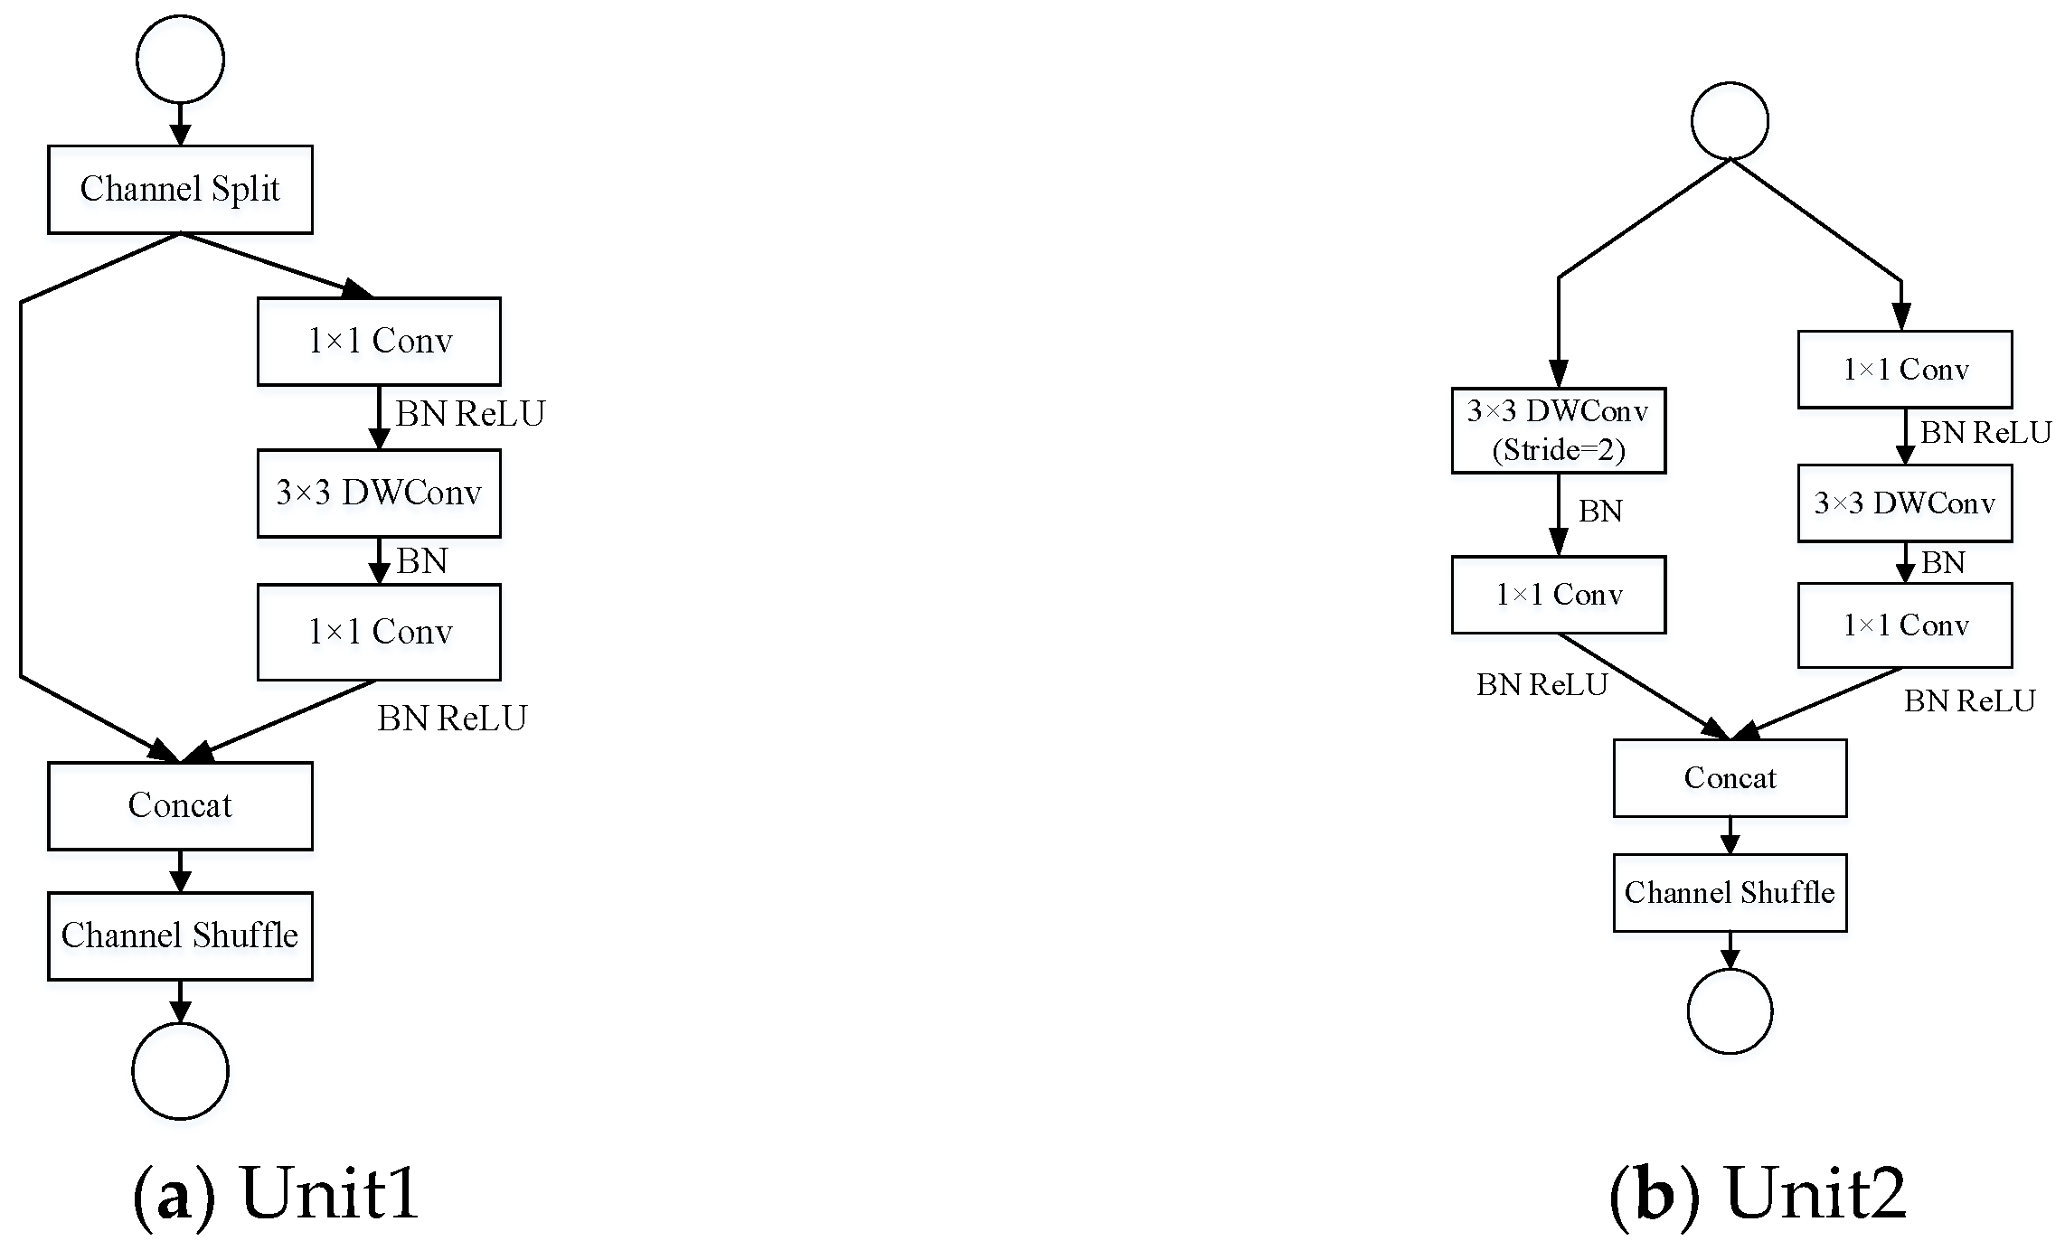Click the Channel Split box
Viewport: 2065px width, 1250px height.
[x=180, y=189]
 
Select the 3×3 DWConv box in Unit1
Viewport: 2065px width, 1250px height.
[x=379, y=493]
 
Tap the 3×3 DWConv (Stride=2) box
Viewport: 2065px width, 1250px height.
[x=1558, y=430]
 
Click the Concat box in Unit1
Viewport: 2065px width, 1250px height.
[x=180, y=805]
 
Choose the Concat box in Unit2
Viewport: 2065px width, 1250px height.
[x=1730, y=778]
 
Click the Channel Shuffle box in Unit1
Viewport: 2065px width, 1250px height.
[x=180, y=935]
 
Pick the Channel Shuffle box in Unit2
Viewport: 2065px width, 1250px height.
[x=1730, y=893]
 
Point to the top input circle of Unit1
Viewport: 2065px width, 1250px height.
[x=180, y=59]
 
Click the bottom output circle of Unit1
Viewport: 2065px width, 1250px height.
[x=180, y=1070]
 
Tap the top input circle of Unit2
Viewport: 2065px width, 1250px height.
[x=1730, y=120]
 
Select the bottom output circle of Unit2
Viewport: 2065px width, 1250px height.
[x=1730, y=1010]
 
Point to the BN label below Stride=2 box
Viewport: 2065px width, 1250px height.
[x=1599, y=512]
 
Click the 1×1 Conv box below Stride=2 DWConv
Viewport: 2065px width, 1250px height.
[x=1558, y=595]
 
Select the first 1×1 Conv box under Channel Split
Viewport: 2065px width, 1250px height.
[x=379, y=342]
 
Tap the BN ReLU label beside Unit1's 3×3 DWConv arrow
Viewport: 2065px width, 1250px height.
[x=470, y=414]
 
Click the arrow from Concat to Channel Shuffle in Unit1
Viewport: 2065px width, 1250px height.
[x=180, y=871]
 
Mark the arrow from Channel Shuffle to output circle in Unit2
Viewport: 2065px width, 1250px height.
[x=1730, y=950]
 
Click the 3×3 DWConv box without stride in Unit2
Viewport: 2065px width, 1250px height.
[x=1904, y=503]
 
